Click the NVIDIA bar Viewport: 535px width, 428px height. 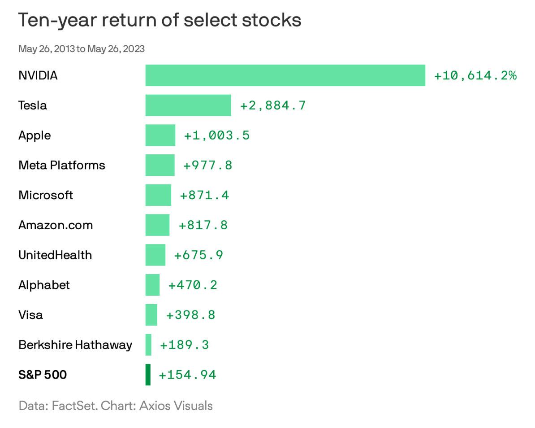click(x=285, y=75)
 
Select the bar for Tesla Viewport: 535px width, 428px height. click(x=188, y=105)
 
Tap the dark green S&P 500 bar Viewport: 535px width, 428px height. click(x=148, y=375)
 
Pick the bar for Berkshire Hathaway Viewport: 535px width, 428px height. click(x=148, y=345)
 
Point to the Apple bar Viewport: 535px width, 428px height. click(x=160, y=135)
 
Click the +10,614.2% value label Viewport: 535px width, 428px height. click(x=475, y=75)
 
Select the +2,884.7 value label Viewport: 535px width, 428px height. click(x=273, y=105)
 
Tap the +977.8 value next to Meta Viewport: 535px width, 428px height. click(x=208, y=165)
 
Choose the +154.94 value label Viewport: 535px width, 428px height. click(x=188, y=375)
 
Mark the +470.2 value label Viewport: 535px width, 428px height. click(x=193, y=285)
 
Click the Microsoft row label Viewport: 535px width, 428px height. click(x=46, y=195)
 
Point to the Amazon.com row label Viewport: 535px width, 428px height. click(x=56, y=225)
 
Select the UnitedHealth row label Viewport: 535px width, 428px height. click(x=55, y=255)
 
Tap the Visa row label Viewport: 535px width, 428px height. click(x=30, y=314)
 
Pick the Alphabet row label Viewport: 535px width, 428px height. click(x=44, y=285)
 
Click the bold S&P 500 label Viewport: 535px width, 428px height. click(x=43, y=375)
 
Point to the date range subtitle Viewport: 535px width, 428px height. click(x=82, y=48)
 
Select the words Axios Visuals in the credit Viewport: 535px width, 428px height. click(x=176, y=406)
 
